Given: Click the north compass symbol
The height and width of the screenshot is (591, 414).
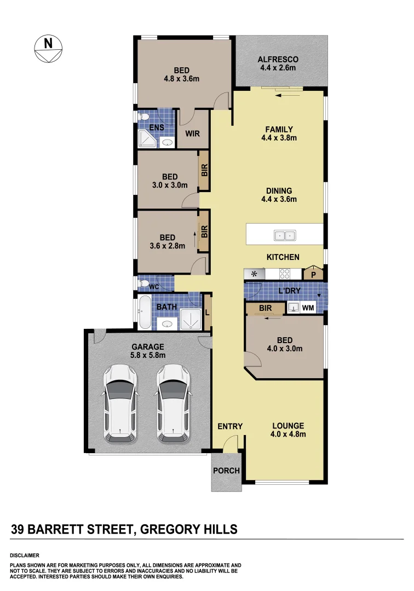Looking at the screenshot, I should point(48,49).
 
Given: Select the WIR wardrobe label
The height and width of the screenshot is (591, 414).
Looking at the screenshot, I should point(192,133).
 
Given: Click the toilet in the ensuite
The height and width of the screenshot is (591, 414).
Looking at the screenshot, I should point(145,117).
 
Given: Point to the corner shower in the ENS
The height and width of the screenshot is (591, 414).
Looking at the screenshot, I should point(146,139).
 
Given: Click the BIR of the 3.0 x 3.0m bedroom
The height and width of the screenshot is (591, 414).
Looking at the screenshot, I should point(204,171).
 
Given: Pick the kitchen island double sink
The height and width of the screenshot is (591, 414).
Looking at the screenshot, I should point(284,236).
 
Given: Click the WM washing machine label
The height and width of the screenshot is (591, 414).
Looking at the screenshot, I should point(308,308).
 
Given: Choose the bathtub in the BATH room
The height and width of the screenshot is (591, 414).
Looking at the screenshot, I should point(145,312).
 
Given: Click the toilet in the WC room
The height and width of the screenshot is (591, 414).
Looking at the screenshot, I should point(145,283).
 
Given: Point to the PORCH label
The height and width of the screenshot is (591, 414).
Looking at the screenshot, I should point(226,471).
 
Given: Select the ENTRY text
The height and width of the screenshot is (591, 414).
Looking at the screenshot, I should point(229,426).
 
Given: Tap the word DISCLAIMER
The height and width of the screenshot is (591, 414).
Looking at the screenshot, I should point(25,555).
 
